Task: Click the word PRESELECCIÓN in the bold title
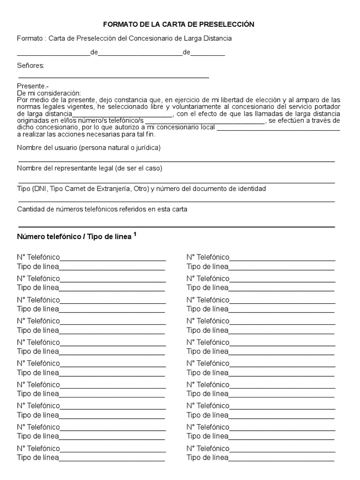point(225,24)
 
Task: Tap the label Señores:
point(30,66)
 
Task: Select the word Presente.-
point(32,86)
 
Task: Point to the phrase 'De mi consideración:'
point(49,93)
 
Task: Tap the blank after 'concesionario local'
point(278,127)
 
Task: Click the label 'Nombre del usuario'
point(46,148)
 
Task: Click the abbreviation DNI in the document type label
point(42,189)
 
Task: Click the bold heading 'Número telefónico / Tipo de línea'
point(75,237)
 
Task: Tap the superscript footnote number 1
point(135,234)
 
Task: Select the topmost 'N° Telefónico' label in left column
point(38,257)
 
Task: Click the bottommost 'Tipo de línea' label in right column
point(207,457)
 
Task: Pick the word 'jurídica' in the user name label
point(146,148)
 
